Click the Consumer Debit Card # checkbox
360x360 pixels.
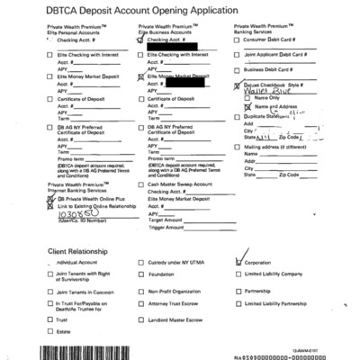[238, 40]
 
